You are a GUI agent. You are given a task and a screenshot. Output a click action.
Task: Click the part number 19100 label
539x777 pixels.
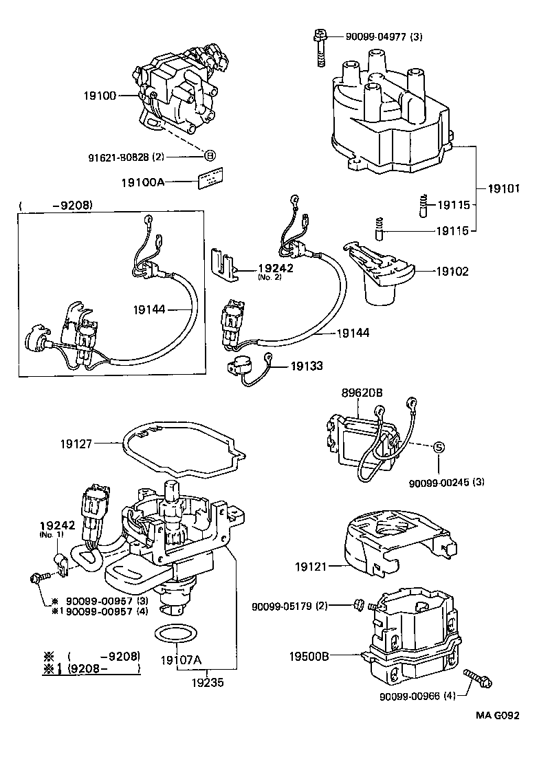[100, 96]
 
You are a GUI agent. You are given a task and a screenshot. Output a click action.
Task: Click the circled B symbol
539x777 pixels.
[210, 155]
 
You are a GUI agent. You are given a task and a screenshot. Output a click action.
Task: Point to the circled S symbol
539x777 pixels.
[439, 448]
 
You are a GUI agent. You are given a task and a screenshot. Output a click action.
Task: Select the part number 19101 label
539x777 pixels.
[505, 188]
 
